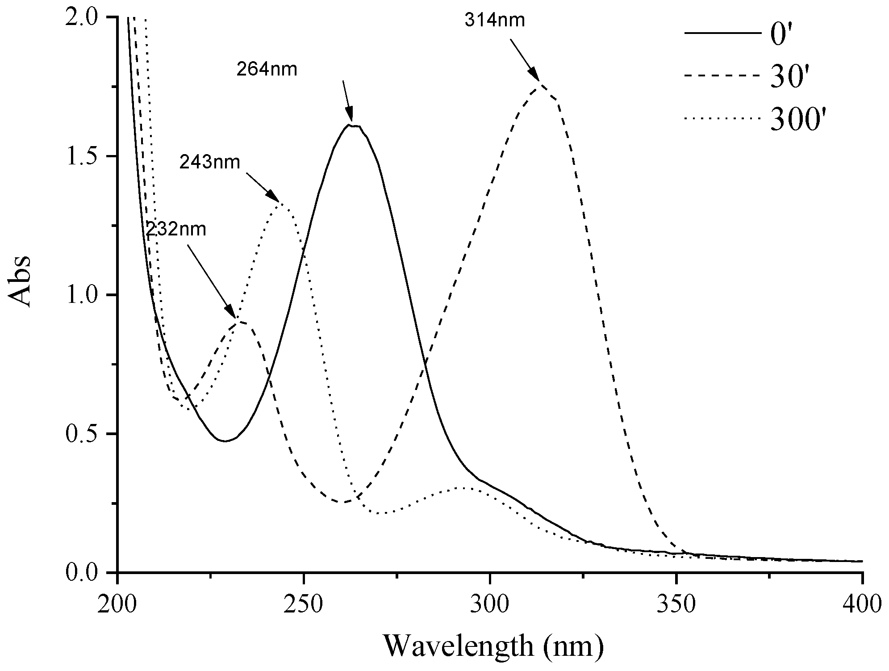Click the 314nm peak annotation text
494,21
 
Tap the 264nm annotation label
267,70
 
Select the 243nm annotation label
210,163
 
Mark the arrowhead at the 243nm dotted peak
273,196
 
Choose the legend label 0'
782,36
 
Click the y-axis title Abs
20,281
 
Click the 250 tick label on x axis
304,604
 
